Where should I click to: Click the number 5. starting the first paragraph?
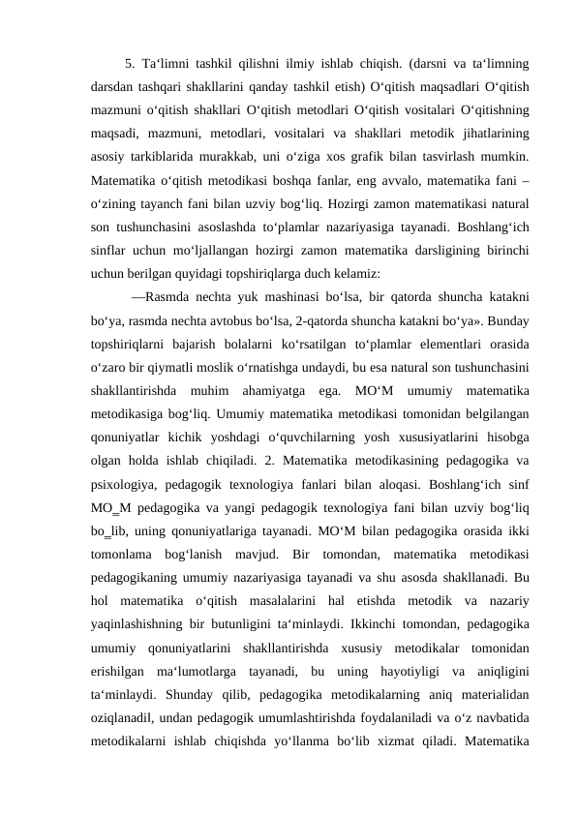click(x=131, y=66)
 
